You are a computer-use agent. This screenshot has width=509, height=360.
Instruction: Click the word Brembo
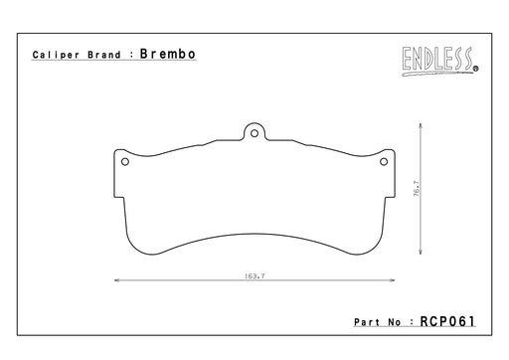click(168, 54)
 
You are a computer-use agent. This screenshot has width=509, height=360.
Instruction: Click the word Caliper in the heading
click(56, 55)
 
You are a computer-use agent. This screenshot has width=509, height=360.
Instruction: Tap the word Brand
click(104, 55)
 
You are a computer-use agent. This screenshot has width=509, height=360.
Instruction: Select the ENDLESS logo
click(440, 62)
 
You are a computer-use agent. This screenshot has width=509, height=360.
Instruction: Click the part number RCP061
click(447, 321)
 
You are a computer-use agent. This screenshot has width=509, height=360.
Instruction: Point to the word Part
click(367, 322)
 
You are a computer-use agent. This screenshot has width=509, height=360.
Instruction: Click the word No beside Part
click(395, 322)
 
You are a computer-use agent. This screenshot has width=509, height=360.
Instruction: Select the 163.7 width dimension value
click(254, 275)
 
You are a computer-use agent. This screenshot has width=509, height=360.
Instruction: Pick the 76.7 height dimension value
click(417, 188)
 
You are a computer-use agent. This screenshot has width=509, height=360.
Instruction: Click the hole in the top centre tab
click(254, 133)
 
